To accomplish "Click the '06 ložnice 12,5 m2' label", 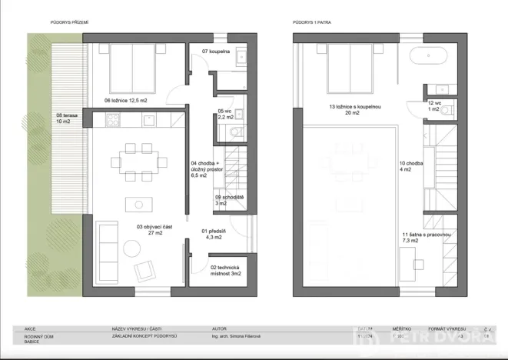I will click(135, 100).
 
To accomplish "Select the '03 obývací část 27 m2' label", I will click(139, 230).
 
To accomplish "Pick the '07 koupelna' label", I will click(216, 51).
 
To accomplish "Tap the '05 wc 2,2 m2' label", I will click(227, 114).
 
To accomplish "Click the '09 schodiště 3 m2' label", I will click(229, 201).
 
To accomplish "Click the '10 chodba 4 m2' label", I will click(410, 167).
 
